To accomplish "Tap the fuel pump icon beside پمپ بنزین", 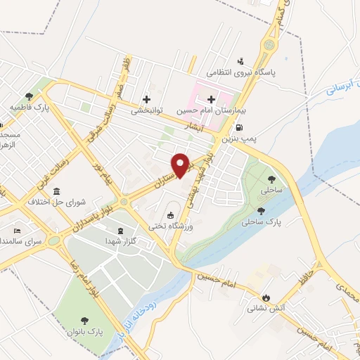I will tap(240, 128).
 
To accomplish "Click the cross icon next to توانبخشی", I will tap(146, 99).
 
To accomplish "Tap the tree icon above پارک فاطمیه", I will tap(29, 96).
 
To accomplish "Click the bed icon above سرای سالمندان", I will tap(18, 231).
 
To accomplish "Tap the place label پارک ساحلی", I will tap(264, 222).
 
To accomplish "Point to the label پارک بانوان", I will tap(86, 330).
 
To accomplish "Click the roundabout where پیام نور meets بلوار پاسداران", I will tap(124, 202).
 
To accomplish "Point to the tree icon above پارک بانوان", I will tap(86, 319).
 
